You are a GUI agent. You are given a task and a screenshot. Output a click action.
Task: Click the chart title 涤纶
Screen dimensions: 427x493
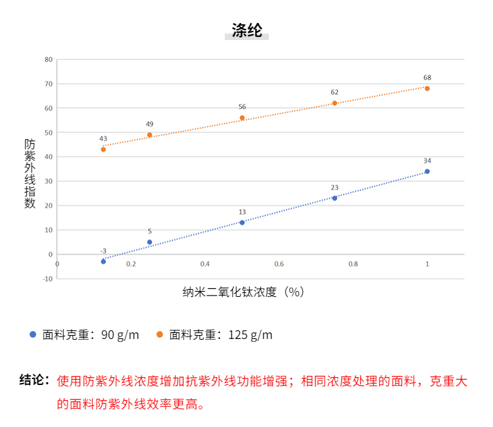tap(246, 30)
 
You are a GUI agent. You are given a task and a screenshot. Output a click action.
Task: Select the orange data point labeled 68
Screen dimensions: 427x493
tap(427, 88)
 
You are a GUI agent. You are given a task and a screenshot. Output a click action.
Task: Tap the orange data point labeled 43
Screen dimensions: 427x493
tap(103, 150)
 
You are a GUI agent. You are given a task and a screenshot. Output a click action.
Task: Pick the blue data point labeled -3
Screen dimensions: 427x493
tap(103, 261)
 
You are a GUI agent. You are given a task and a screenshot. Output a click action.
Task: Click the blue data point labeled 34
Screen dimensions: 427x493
tap(427, 171)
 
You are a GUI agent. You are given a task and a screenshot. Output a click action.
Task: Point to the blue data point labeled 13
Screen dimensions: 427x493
tap(242, 223)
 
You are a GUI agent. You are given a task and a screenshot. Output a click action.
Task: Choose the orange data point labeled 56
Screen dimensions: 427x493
tap(242, 118)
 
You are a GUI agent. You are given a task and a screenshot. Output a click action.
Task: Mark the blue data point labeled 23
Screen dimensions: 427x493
tap(335, 198)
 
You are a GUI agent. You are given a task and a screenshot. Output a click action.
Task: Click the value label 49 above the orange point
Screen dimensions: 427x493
tap(149, 124)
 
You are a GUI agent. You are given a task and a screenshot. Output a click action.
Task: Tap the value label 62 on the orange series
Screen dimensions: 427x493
tap(335, 93)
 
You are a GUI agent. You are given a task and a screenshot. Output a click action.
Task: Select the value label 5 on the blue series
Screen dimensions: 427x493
tap(149, 231)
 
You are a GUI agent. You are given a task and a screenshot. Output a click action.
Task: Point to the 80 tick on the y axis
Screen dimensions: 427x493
tap(48, 59)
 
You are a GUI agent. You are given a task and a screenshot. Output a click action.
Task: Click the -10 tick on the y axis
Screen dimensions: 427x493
tap(47, 279)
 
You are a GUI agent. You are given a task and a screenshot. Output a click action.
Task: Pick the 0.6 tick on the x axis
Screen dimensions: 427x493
tap(279, 264)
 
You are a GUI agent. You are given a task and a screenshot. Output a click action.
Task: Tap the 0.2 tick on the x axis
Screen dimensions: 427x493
tap(131, 264)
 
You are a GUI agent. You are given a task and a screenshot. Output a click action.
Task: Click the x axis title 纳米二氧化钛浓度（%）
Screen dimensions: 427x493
tap(244, 292)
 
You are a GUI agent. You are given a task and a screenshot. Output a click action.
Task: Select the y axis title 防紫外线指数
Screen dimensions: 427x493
tap(30, 173)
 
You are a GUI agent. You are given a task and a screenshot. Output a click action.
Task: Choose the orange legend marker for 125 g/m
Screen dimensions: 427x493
tap(160, 334)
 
